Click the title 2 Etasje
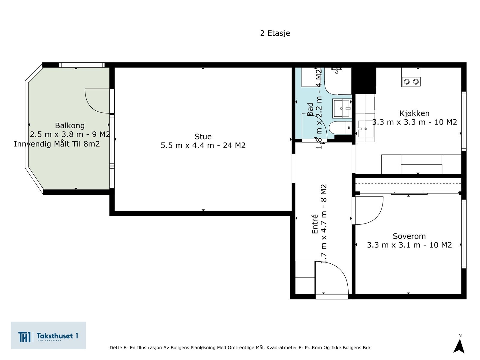[x=275, y=33]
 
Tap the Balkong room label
[x=70, y=125]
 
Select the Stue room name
[x=203, y=136]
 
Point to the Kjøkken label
[x=414, y=113]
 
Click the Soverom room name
[x=409, y=236]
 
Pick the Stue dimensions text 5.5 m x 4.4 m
[x=187, y=145]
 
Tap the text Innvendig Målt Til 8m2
[x=57, y=144]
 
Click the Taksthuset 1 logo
[x=48, y=335]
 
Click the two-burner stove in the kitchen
[x=411, y=82]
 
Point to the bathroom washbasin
[x=342, y=108]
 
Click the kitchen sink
[x=365, y=129]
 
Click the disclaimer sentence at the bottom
[x=240, y=347]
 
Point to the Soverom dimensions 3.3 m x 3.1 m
[x=394, y=245]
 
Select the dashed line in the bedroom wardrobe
[x=408, y=183]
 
